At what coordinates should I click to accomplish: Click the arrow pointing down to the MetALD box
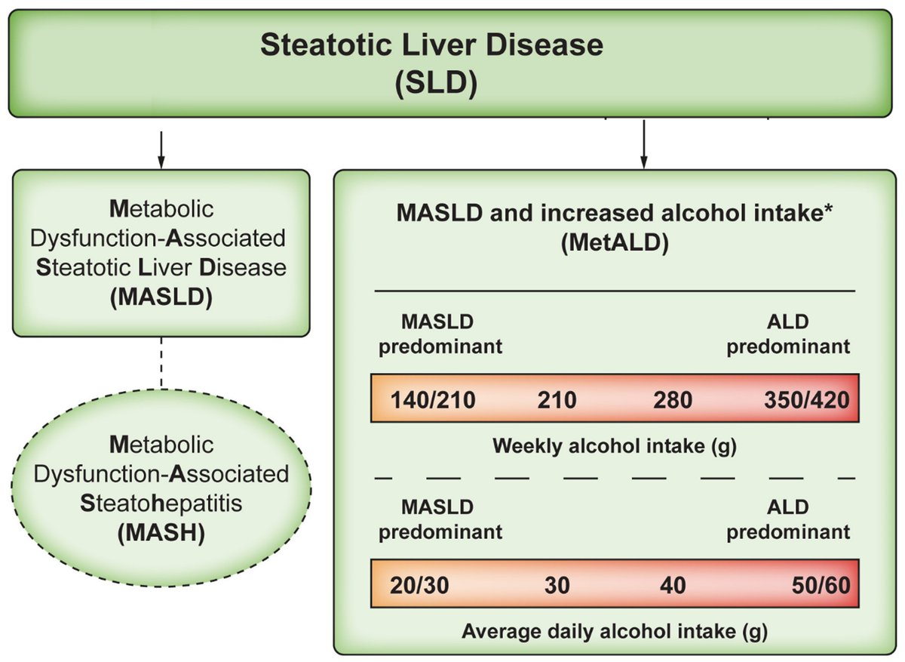click(x=643, y=143)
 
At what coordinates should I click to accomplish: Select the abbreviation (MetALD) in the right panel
click(x=614, y=245)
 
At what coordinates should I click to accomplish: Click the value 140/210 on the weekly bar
click(x=433, y=399)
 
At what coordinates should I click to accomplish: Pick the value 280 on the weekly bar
click(x=672, y=399)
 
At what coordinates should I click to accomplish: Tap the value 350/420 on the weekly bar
click(x=806, y=399)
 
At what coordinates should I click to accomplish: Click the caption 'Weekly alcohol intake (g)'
click(x=614, y=445)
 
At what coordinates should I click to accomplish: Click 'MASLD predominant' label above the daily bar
click(x=440, y=519)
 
